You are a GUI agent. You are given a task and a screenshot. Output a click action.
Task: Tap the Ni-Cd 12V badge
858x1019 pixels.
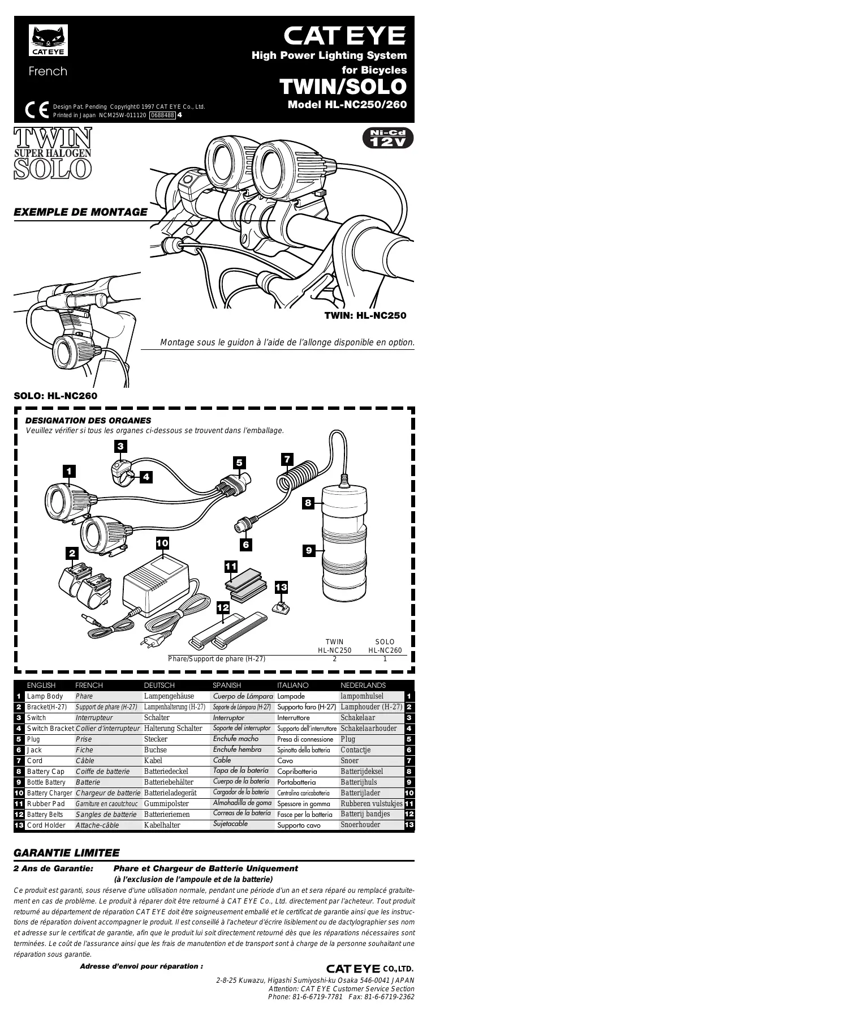[x=388, y=138]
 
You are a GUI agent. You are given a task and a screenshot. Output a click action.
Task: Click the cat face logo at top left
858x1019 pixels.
[x=48, y=40]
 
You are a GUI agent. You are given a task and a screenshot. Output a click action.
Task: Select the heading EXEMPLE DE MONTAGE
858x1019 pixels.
[x=80, y=212]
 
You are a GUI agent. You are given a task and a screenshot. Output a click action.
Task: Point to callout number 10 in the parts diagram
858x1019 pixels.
[x=162, y=543]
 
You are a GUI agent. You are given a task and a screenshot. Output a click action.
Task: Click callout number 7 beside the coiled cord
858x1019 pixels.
[x=287, y=459]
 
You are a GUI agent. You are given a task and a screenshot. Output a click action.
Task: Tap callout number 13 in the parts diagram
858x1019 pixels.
[x=281, y=588]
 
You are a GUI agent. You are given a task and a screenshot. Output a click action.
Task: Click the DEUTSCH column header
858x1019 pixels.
[x=159, y=686]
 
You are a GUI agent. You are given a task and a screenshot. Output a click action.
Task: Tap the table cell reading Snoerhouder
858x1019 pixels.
[x=360, y=825]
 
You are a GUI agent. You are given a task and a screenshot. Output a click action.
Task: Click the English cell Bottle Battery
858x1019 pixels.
[x=46, y=782]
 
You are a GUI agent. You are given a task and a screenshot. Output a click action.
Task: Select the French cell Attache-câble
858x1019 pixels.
[x=97, y=825]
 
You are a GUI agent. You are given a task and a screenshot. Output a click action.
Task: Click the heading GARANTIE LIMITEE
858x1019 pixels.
[x=66, y=853]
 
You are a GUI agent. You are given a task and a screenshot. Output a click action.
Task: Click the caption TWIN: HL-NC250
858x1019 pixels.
[x=365, y=315]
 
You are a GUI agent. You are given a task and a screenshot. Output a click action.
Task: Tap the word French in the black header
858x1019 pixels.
[x=48, y=71]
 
